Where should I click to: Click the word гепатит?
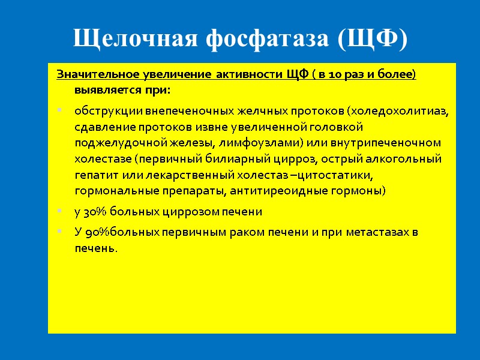tap(94, 175)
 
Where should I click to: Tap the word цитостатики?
tap(339, 175)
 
